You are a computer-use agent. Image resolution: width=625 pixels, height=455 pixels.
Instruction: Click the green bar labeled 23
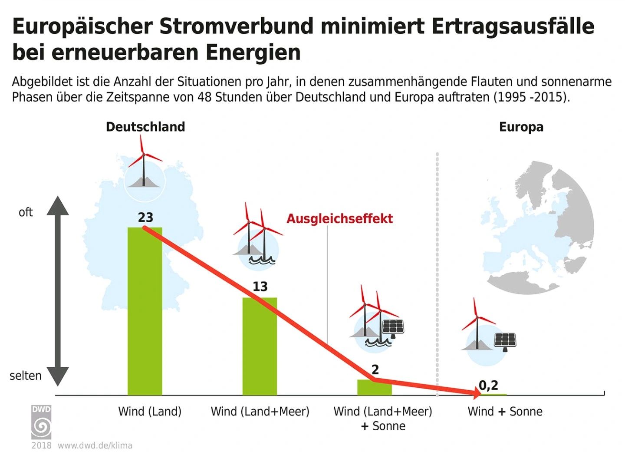point(145,311)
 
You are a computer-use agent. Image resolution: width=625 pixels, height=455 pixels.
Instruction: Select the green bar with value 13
point(260,346)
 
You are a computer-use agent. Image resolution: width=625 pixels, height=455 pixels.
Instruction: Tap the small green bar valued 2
point(375,387)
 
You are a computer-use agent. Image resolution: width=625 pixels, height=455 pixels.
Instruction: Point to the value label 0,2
point(489,386)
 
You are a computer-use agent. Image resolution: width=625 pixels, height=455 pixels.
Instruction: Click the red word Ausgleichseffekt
point(339,219)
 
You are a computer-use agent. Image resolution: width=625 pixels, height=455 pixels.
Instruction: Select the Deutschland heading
point(145,127)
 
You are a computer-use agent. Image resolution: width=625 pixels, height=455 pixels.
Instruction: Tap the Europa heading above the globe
point(521,127)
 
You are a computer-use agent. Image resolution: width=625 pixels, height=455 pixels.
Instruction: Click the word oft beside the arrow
point(26,212)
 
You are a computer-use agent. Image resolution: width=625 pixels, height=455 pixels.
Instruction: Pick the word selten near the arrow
point(26,376)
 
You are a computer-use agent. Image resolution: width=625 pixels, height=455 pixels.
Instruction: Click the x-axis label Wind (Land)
point(150,412)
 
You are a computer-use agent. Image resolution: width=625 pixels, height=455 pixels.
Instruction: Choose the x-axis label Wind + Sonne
point(505,412)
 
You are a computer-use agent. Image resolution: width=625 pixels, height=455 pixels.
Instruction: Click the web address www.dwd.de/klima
point(95,445)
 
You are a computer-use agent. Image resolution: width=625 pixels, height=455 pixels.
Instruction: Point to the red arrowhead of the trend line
point(476,394)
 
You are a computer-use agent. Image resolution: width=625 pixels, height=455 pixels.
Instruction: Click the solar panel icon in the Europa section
point(505,342)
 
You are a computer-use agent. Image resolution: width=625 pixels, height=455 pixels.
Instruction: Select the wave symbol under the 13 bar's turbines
point(262,260)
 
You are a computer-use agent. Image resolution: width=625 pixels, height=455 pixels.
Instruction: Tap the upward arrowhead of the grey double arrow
point(58,206)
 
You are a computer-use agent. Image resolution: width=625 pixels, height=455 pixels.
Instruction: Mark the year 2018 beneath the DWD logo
point(41,445)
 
